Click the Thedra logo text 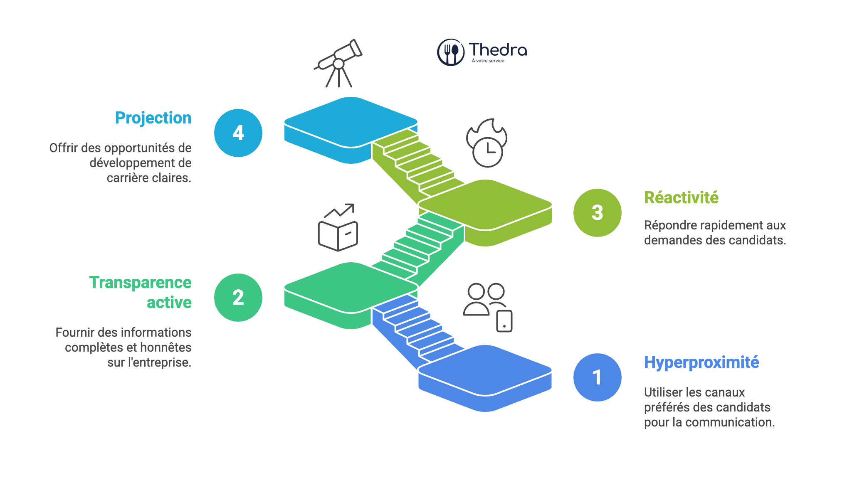tap(498, 50)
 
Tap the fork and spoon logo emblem tap(450, 52)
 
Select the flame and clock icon tap(487, 143)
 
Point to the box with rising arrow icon tap(338, 228)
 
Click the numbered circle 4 tap(238, 133)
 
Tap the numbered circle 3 tap(597, 213)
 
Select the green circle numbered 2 tap(238, 298)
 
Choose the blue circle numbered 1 tap(597, 377)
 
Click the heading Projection tap(153, 118)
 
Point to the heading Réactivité tap(681, 198)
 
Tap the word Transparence tap(141, 283)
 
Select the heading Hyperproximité tap(701, 362)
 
